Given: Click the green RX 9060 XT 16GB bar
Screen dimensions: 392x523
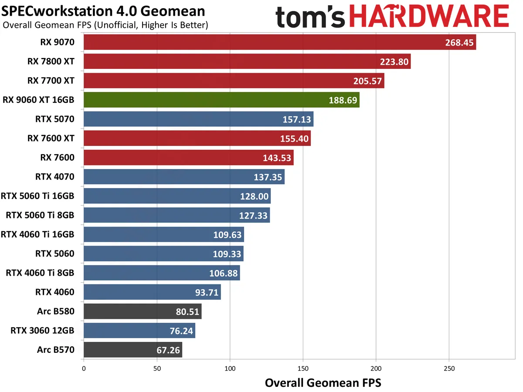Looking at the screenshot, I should tap(221, 100).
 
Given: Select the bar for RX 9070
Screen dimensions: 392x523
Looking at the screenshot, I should tap(279, 42).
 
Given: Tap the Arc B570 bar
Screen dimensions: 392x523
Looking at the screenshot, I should tap(132, 350).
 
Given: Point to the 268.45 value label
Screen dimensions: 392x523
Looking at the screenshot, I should tap(459, 43).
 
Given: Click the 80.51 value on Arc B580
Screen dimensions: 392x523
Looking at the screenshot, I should tap(185, 311).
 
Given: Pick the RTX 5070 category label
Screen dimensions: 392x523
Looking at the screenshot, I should tap(54, 119).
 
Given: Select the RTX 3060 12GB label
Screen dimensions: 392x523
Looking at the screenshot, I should tap(42, 331).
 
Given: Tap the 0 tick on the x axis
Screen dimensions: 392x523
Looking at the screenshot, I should tap(84, 368).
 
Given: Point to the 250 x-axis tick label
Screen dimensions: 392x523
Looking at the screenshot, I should tap(449, 368).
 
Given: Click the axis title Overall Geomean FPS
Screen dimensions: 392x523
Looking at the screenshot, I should tap(323, 383).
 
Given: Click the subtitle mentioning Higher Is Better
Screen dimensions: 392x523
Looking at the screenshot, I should tap(105, 25).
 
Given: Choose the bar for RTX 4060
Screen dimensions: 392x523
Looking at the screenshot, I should tap(152, 292).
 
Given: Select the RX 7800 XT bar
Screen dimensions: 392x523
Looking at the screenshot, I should tap(247, 61).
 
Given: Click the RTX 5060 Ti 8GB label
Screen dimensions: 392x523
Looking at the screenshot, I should tap(40, 215).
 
